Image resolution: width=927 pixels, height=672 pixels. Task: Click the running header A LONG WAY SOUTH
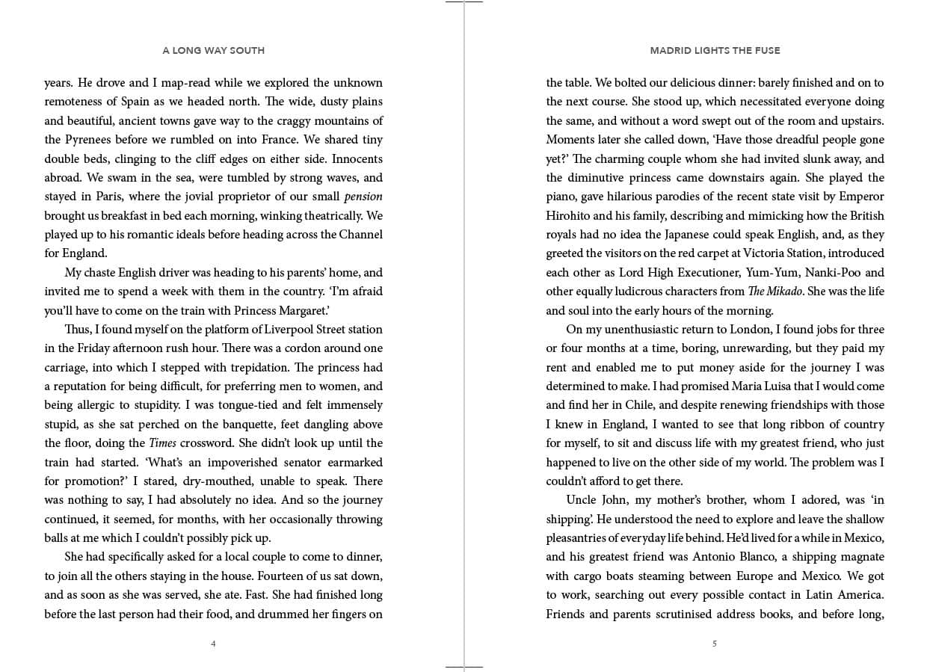[x=213, y=51]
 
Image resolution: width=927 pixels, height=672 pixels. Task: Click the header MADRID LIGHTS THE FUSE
[x=715, y=51]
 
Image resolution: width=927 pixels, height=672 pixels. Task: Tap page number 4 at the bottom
[x=213, y=644]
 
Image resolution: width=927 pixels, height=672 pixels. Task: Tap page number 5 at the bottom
[x=715, y=644]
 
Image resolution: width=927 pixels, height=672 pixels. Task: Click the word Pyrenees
[x=90, y=140]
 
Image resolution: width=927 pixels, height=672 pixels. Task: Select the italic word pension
[x=363, y=197]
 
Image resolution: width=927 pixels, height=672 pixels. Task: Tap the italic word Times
[x=163, y=443]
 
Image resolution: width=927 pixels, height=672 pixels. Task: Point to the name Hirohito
[x=569, y=216]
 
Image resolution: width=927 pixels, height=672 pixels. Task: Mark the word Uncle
[x=582, y=500]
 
